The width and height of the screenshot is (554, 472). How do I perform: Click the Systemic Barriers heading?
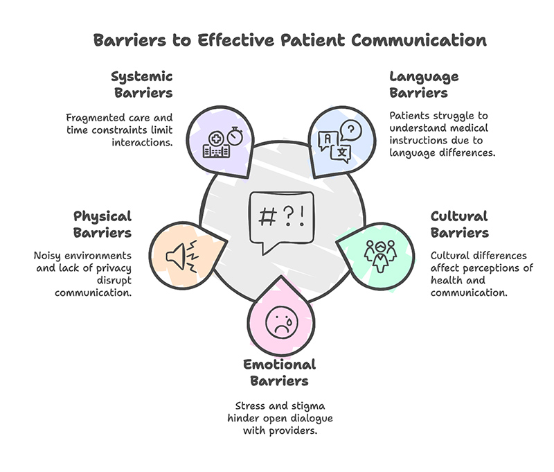click(x=141, y=84)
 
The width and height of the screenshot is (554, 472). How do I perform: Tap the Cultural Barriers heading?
click(x=459, y=224)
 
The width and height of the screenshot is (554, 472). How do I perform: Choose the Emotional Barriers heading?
click(x=279, y=372)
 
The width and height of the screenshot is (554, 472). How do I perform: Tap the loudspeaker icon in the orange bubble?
click(x=181, y=256)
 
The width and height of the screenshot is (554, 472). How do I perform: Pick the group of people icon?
click(x=379, y=253)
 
